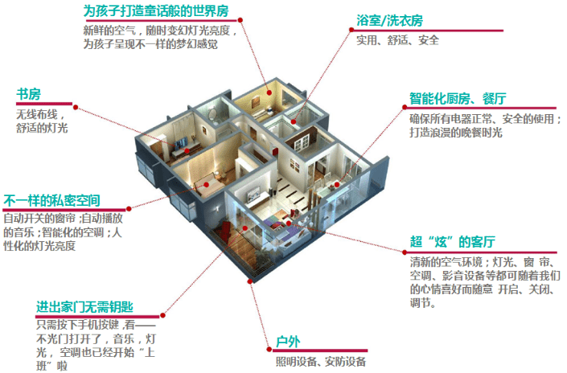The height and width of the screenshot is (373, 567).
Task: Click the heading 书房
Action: [x=29, y=94]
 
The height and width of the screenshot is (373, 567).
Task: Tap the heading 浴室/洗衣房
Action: [x=389, y=21]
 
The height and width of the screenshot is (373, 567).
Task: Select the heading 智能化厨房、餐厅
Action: [x=458, y=98]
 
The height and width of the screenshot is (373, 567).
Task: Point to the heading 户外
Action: [x=288, y=342]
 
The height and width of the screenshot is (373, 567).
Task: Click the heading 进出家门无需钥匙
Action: [x=84, y=307]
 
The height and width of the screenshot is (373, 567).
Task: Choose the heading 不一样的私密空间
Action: [x=51, y=201]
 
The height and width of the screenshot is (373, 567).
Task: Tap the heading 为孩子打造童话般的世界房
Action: [x=156, y=10]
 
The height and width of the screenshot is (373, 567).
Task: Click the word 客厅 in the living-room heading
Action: [x=483, y=242]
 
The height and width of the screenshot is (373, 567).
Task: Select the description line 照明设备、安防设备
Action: [x=321, y=362]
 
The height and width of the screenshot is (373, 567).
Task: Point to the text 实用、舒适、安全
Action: [x=397, y=40]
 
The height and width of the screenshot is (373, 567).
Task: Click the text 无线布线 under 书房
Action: [x=37, y=115]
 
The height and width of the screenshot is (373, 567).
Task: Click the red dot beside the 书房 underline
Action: [x=76, y=107]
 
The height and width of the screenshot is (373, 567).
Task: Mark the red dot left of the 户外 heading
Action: [x=269, y=349]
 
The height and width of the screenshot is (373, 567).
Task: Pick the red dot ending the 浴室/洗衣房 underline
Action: [x=351, y=30]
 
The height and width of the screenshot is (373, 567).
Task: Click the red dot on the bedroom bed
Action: [x=206, y=185]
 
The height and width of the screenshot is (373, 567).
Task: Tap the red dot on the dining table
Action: [x=337, y=184]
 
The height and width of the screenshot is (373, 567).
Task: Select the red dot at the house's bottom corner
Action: [x=249, y=281]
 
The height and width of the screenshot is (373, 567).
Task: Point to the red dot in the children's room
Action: [x=269, y=93]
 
